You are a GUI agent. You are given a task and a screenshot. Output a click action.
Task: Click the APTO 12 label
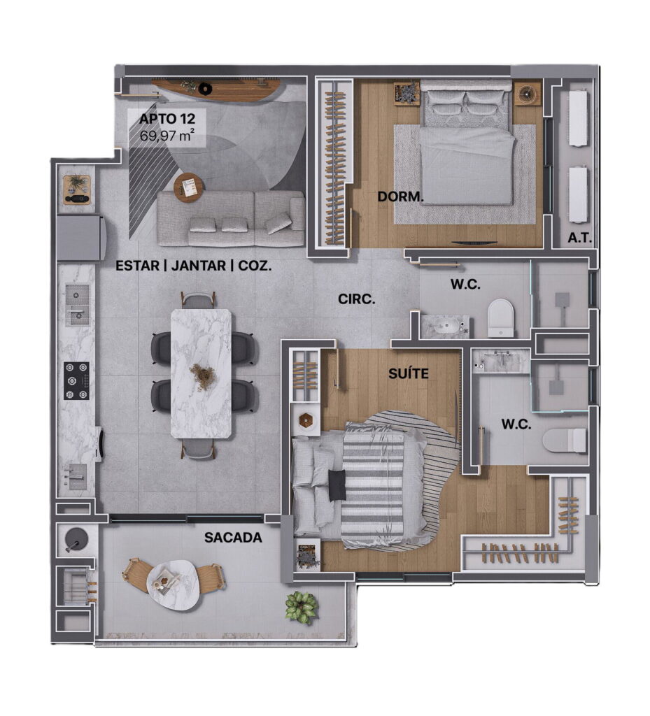pos(167,119)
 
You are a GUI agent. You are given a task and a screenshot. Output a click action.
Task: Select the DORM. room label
pos(401,196)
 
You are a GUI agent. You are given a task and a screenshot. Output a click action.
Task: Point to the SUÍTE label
pos(409,373)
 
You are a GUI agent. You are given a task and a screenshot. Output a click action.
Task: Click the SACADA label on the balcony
pos(233,538)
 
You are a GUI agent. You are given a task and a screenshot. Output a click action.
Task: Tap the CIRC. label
pos(356,299)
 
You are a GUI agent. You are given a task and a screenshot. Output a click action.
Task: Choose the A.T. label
pos(579,238)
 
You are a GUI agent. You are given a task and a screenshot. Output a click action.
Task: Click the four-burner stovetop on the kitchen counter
pos(76,381)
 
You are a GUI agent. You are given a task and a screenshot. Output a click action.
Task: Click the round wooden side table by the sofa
pos(189,187)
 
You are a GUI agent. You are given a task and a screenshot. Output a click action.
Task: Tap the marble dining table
pos(201,373)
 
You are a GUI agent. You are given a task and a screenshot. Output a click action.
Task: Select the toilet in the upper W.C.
pos(501,318)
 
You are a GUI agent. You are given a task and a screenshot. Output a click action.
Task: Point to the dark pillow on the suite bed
pos(337,485)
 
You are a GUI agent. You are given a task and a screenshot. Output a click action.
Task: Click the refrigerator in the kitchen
pos(81,238)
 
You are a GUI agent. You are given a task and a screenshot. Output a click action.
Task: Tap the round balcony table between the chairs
pos(173,585)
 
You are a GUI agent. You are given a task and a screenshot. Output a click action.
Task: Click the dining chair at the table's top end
pos(199,301)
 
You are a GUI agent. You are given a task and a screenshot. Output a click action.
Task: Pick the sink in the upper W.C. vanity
pos(441,326)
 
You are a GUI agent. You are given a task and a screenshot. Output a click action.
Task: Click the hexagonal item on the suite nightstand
pos(304,420)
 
